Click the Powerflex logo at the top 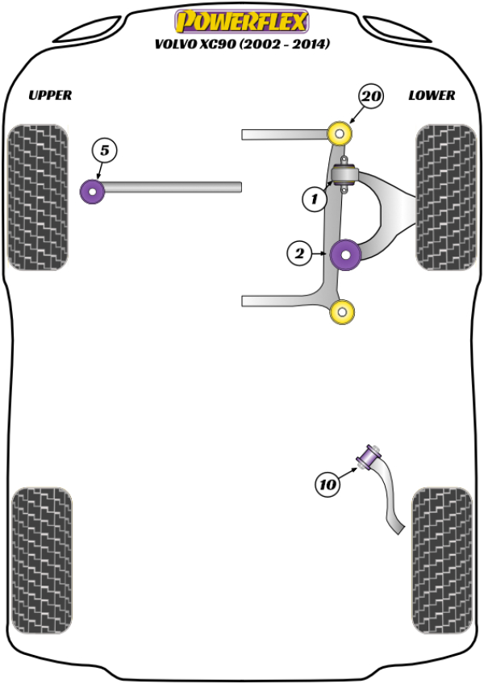click(241, 19)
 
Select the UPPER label click(50, 95)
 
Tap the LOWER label click(432, 95)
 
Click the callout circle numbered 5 click(105, 149)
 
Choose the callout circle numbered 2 click(298, 254)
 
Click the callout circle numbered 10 click(328, 485)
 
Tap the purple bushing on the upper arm click(93, 192)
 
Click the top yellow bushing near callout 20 click(341, 132)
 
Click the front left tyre click(37, 197)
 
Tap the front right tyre click(445, 197)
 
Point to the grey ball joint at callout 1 click(346, 175)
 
